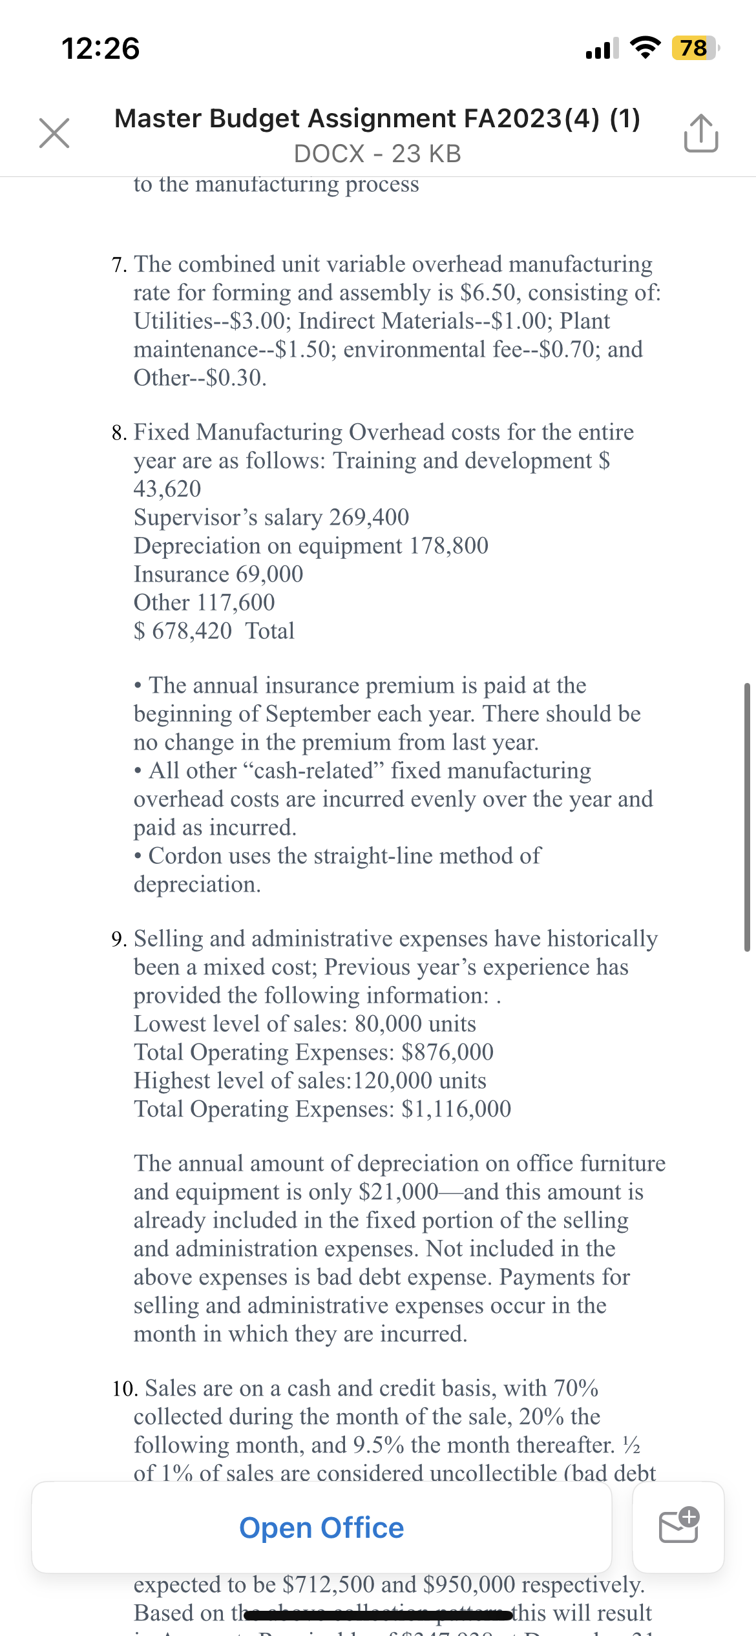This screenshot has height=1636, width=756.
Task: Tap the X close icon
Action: pyautogui.click(x=54, y=133)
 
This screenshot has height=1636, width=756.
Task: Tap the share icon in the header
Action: pyautogui.click(x=700, y=133)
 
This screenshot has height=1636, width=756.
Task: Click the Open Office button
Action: pyautogui.click(x=321, y=1527)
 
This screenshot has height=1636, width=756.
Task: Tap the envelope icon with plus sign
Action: pyautogui.click(x=678, y=1527)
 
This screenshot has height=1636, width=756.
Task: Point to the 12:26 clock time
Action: pyautogui.click(x=100, y=48)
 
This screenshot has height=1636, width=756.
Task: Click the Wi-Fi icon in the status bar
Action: pyautogui.click(x=645, y=47)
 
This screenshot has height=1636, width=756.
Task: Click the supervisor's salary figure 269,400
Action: pyautogui.click(x=369, y=518)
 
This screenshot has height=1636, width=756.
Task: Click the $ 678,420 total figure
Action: pyautogui.click(x=183, y=631)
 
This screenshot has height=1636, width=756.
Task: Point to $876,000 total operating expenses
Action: pyautogui.click(x=447, y=1053)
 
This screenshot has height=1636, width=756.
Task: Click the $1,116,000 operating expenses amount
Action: pyautogui.click(x=456, y=1109)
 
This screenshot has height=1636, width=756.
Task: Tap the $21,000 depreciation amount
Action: pyautogui.click(x=398, y=1192)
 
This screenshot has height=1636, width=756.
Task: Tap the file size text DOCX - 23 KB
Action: pyautogui.click(x=377, y=154)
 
